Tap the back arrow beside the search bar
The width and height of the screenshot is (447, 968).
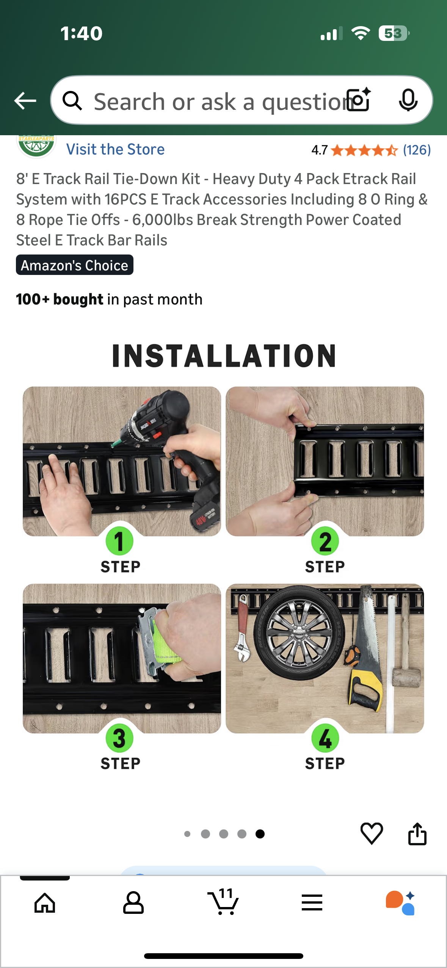point(25,101)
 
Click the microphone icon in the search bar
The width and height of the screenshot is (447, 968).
point(408,100)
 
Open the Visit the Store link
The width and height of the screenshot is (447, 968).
point(115,150)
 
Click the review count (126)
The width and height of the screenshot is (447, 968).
point(417,150)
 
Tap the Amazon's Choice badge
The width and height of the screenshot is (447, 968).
point(75,265)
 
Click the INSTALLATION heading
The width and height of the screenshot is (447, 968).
point(224,356)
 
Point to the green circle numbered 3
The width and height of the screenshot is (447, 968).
point(119,738)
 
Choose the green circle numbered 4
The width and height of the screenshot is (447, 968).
point(325,738)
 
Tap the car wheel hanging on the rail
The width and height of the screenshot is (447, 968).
point(300,632)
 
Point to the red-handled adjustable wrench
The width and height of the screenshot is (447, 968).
point(242,629)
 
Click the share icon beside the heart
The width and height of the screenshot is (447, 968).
point(417,834)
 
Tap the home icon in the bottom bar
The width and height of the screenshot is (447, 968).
point(45,903)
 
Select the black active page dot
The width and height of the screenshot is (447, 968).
point(260,834)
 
